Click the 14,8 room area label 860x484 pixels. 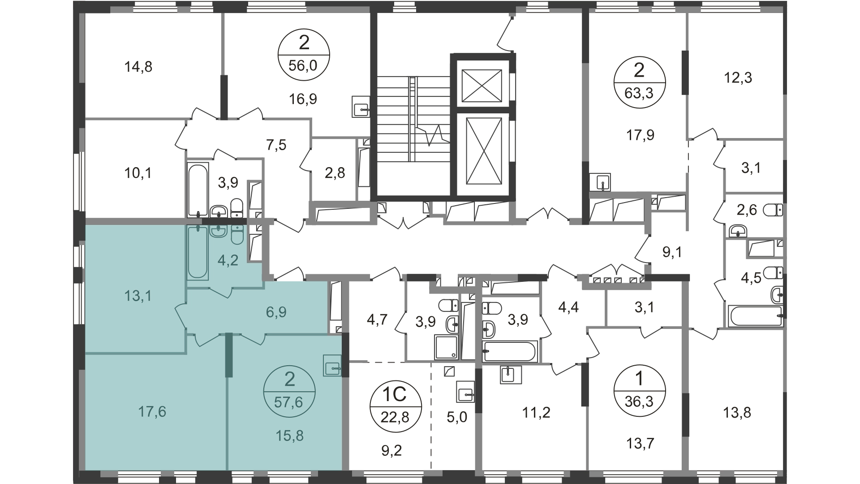[x=138, y=67]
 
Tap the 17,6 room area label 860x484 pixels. [x=152, y=411]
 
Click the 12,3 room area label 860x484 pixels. [x=738, y=78]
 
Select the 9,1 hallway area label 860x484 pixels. [x=672, y=252]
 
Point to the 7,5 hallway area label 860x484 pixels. [x=276, y=145]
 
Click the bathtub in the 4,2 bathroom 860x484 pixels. [x=198, y=253]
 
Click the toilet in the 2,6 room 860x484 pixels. [x=774, y=209]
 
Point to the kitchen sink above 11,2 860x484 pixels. [x=511, y=375]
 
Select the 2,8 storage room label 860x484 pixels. [x=335, y=173]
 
